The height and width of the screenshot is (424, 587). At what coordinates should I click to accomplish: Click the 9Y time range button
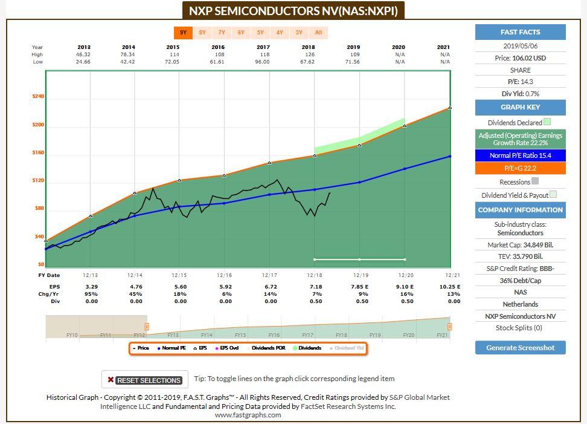click(x=183, y=33)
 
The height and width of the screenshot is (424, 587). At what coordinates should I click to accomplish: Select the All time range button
click(x=318, y=33)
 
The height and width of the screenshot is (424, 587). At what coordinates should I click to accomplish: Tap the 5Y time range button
click(x=260, y=33)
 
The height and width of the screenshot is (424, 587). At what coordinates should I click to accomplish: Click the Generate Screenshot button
click(x=520, y=347)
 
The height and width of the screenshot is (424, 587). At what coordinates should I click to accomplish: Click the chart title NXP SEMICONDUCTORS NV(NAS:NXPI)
click(x=293, y=11)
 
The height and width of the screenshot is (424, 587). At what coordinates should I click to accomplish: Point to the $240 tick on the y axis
click(x=38, y=97)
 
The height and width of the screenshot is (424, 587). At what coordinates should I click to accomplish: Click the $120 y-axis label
click(x=38, y=181)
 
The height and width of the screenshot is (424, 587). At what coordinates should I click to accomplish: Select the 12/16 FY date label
click(x=224, y=275)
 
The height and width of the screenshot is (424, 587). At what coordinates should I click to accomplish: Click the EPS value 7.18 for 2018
click(x=314, y=286)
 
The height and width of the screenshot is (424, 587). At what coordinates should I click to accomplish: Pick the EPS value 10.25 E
click(x=450, y=286)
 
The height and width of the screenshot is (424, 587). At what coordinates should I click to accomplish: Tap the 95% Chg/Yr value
click(x=92, y=293)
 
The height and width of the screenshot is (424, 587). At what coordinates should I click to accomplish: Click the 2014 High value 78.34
click(x=129, y=54)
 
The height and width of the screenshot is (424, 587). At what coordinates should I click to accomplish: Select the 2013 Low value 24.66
click(x=84, y=62)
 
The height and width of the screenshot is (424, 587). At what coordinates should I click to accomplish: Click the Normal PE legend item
click(x=172, y=348)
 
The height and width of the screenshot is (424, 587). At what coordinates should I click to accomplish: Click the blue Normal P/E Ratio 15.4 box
click(x=520, y=155)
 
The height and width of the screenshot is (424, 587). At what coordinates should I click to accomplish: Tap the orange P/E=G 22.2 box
click(x=520, y=168)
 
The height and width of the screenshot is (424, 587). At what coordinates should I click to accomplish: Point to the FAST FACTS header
click(x=520, y=32)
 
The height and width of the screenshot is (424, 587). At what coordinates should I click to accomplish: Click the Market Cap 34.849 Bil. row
click(x=520, y=245)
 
